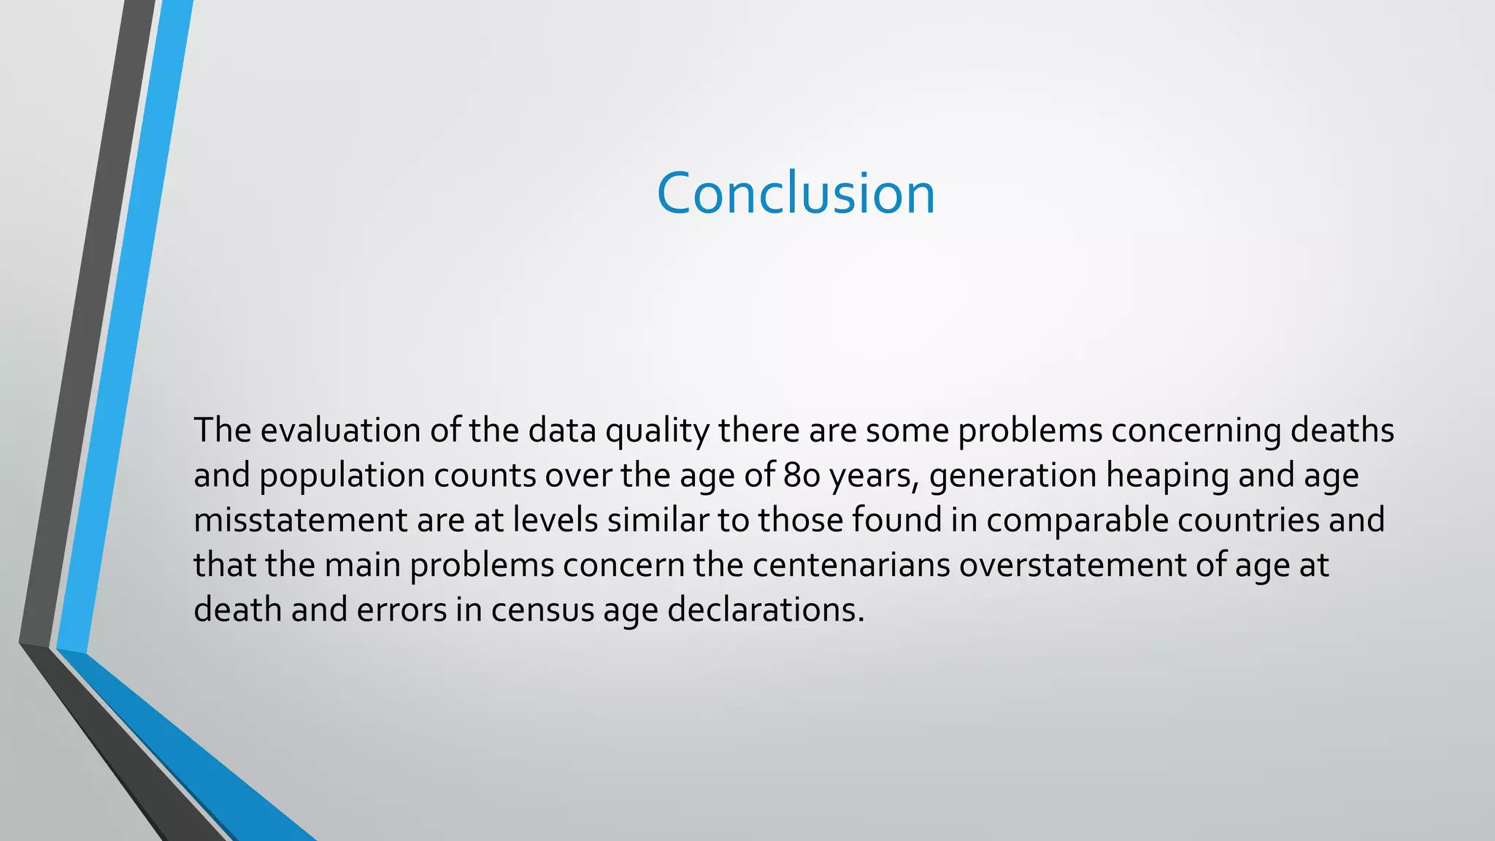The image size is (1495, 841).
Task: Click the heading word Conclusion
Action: point(796,193)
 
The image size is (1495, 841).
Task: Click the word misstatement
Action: point(301,520)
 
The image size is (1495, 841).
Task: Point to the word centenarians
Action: point(851,565)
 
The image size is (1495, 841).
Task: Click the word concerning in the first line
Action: point(1196,431)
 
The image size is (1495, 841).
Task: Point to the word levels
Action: point(555,520)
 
